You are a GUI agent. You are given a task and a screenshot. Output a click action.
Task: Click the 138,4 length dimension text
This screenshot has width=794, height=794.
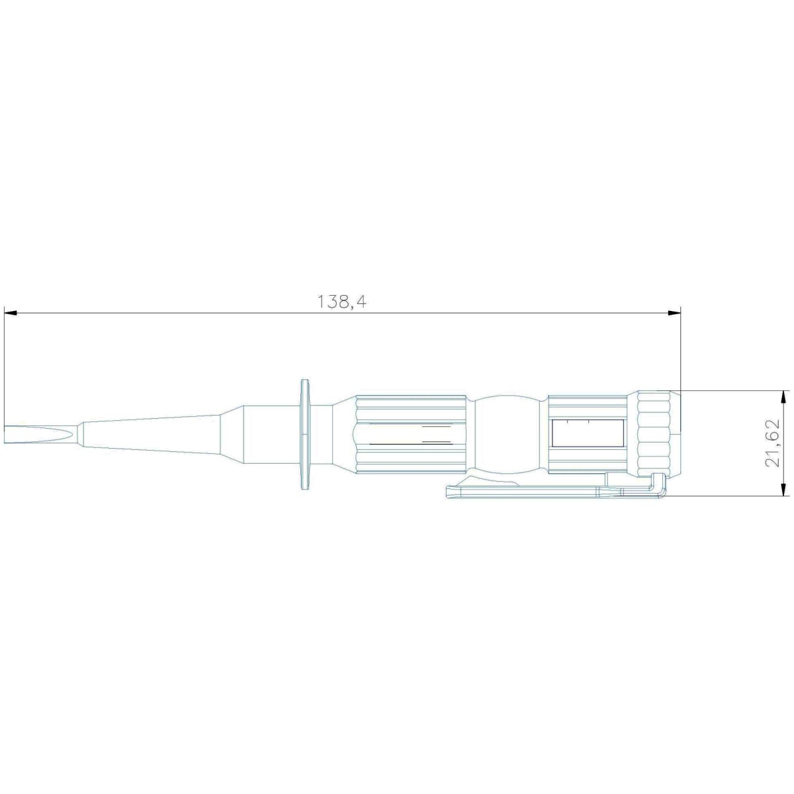click(342, 302)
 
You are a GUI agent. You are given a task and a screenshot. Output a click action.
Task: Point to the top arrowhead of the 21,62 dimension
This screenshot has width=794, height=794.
click(781, 397)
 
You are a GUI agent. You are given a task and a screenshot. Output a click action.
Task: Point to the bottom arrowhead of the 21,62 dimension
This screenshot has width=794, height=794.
click(781, 489)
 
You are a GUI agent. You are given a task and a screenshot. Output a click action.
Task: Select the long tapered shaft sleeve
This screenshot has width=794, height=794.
click(152, 433)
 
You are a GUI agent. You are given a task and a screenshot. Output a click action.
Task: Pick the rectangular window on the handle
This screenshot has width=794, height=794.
click(588, 433)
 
